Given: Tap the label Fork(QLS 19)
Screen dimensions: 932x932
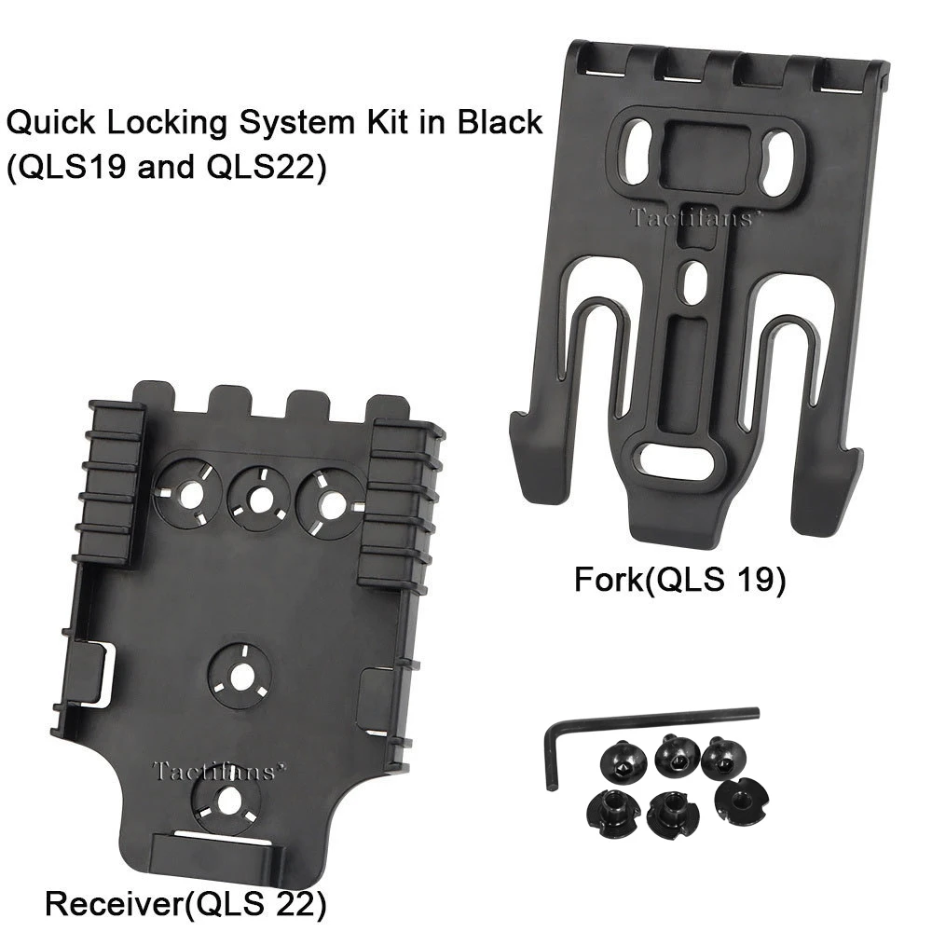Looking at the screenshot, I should coord(680,581).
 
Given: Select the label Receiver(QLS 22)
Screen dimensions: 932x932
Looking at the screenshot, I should coord(186,902).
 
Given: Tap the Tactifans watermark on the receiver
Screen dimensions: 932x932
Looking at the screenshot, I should coord(213,771).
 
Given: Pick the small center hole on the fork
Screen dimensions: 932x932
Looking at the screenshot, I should coord(689,280).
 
